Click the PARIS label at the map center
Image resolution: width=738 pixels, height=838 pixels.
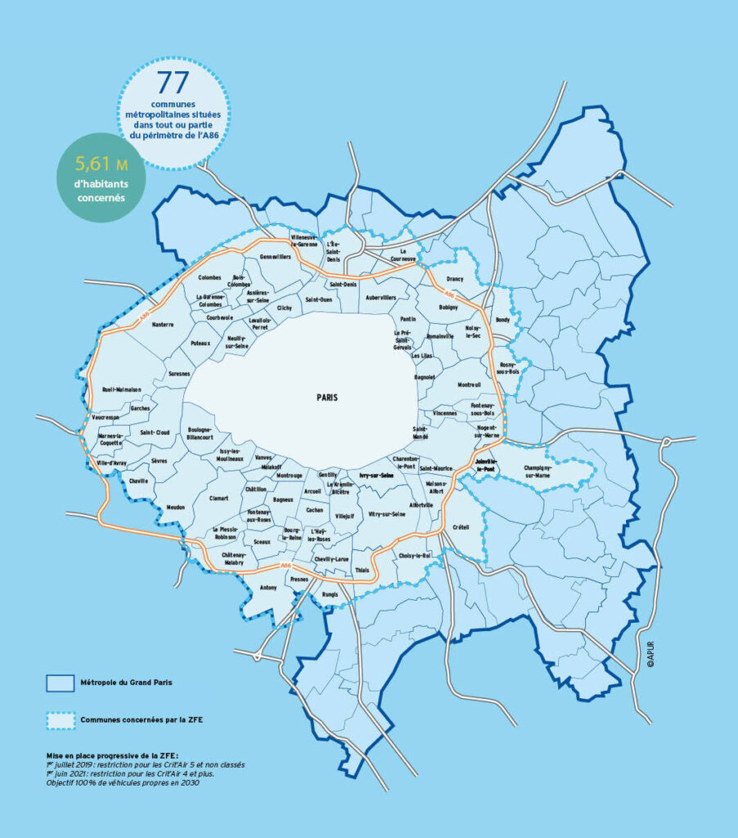click(x=327, y=396)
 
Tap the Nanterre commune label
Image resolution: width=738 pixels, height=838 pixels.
click(x=163, y=324)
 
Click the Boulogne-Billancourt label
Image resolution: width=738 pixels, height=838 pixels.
click(x=200, y=434)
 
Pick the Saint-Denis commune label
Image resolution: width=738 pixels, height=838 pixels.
click(x=343, y=284)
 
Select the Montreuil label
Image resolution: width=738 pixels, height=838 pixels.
click(x=470, y=385)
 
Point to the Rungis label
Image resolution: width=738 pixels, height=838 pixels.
click(x=329, y=595)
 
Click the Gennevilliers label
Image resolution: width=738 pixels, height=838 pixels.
click(x=275, y=257)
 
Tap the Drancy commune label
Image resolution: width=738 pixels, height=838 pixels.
click(x=455, y=279)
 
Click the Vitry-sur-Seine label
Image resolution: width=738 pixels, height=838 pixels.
click(x=387, y=515)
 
